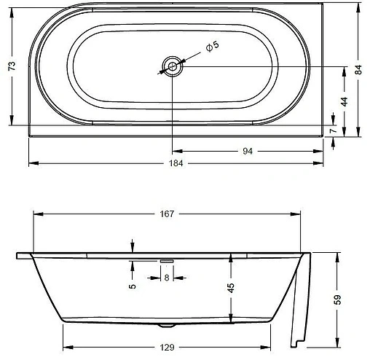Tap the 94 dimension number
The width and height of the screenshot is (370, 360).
coord(248,152)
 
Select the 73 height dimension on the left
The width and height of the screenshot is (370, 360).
coord(12,67)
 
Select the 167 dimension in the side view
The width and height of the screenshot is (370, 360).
coord(168,214)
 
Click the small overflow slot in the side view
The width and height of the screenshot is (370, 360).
coord(167,259)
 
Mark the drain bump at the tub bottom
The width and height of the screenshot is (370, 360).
coord(167,324)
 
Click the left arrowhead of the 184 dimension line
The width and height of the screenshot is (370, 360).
coord(31,163)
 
